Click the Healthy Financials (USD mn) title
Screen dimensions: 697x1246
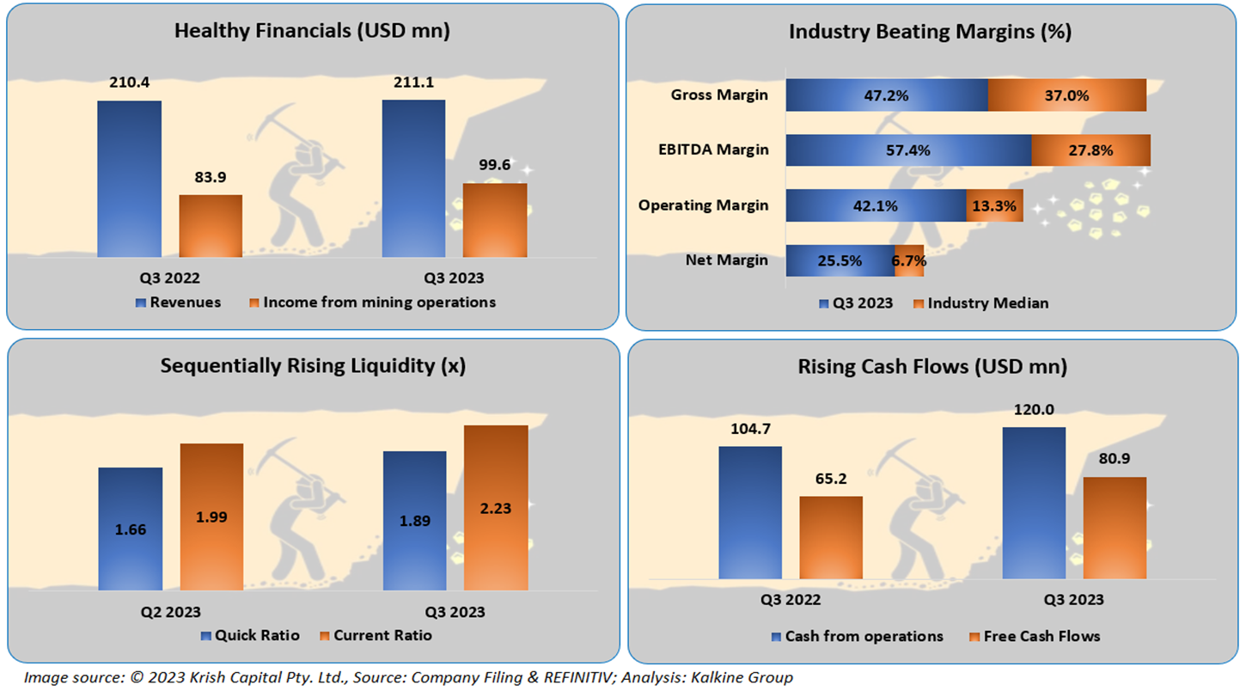click(312, 32)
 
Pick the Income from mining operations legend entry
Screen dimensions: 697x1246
click(378, 303)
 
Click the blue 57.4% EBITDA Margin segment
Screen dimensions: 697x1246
click(908, 150)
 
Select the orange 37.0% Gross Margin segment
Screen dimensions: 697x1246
click(1066, 95)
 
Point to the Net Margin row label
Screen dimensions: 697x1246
click(726, 260)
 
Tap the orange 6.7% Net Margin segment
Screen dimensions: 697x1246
click(909, 260)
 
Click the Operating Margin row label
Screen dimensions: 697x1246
click(703, 205)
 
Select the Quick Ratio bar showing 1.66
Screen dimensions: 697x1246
click(130, 529)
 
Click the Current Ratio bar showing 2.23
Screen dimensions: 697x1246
click(496, 507)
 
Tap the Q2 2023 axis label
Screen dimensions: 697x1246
click(171, 612)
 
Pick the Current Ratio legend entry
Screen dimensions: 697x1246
click(382, 636)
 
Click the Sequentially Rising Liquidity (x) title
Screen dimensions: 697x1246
click(313, 366)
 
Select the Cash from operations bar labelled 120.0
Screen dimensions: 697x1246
click(1034, 503)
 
